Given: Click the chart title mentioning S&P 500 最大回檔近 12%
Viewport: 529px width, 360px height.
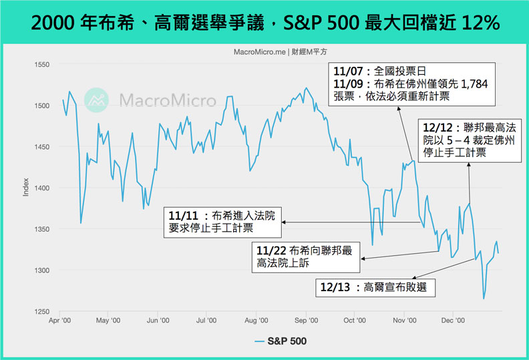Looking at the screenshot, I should pyautogui.click(x=264, y=22).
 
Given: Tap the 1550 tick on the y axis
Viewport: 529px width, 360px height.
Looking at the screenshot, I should pyautogui.click(x=42, y=64).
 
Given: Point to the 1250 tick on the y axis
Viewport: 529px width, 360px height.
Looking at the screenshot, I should pyautogui.click(x=42, y=311).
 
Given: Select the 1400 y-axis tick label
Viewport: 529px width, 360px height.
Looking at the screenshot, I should pyautogui.click(x=42, y=188).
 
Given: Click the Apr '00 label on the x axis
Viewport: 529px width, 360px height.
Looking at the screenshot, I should pyautogui.click(x=61, y=320).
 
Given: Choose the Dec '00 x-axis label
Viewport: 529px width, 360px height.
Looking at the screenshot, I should pyautogui.click(x=454, y=320).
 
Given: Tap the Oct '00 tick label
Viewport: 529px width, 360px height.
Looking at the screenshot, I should pyautogui.click(x=355, y=320).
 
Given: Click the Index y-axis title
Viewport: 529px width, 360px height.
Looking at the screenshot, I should pyautogui.click(x=25, y=188).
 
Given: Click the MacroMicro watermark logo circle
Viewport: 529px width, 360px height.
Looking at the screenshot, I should pyautogui.click(x=98, y=100).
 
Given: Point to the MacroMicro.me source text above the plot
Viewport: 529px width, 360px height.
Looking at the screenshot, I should pyautogui.click(x=264, y=52).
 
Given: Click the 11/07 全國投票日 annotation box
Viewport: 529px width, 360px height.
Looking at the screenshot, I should pyautogui.click(x=414, y=83).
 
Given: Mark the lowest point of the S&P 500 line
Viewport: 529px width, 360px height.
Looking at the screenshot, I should pyautogui.click(x=484, y=299).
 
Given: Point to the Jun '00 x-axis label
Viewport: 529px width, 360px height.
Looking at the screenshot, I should pyautogui.click(x=157, y=320).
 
